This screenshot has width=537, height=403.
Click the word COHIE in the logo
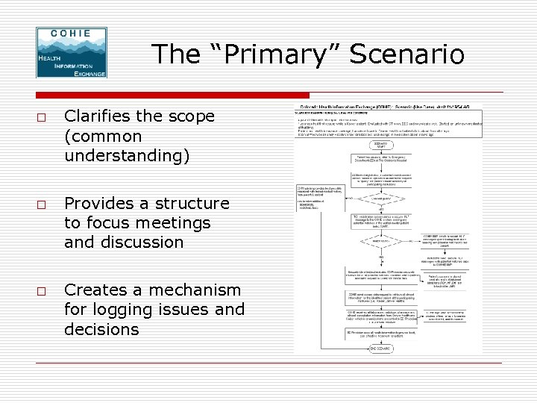point(71,34)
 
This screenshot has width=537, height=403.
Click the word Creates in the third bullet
point(92,290)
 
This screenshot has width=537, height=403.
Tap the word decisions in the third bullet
point(101,328)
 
